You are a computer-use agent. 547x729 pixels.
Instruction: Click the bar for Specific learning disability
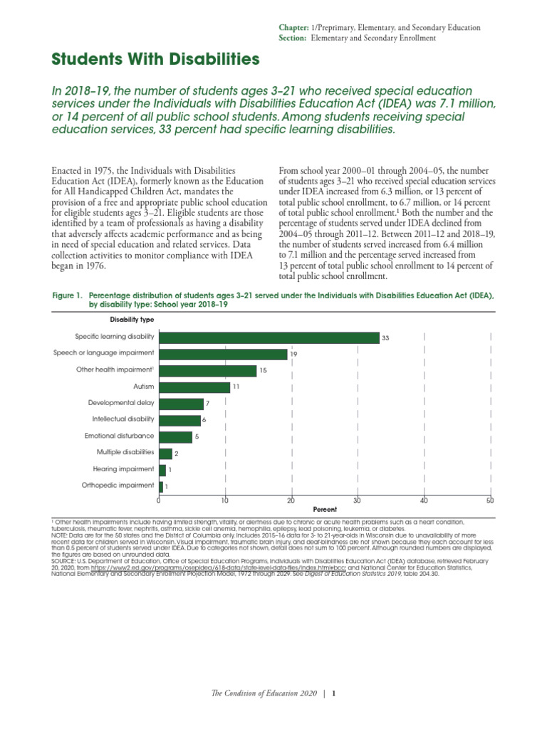pyautogui.click(x=269, y=338)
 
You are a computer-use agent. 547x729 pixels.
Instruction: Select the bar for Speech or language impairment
pyautogui.click(x=223, y=354)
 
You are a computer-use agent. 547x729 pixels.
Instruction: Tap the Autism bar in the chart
pyautogui.click(x=194, y=387)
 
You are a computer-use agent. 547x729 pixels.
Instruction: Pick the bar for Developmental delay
pyautogui.click(x=181, y=404)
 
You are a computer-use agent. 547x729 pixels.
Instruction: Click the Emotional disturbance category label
pyautogui.click(x=119, y=436)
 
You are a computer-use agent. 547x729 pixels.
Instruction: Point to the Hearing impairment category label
pyautogui.click(x=123, y=469)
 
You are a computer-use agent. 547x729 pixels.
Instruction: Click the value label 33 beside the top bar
pyautogui.click(x=385, y=339)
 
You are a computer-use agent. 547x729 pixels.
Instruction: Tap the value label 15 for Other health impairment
pyautogui.click(x=263, y=371)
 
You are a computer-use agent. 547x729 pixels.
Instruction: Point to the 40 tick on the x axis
pyautogui.click(x=424, y=500)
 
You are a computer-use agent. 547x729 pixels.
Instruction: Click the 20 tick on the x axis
pyautogui.click(x=291, y=500)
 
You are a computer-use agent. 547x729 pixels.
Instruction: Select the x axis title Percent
pyautogui.click(x=324, y=510)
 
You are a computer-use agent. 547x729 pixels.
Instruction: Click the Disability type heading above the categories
pyautogui.click(x=131, y=320)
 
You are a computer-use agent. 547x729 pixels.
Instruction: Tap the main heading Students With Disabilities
pyautogui.click(x=155, y=60)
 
